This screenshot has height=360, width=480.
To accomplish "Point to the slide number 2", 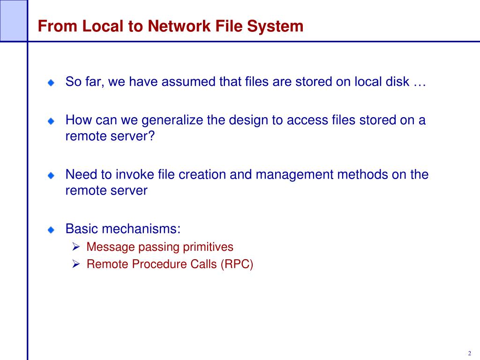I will [x=469, y=353].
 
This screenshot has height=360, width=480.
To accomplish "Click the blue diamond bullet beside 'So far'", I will [x=51, y=83].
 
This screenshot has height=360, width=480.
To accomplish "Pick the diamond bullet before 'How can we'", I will [x=51, y=121].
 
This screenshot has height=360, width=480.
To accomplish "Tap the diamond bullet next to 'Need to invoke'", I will [x=51, y=176].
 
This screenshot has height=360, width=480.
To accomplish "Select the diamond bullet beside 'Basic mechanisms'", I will [x=51, y=230].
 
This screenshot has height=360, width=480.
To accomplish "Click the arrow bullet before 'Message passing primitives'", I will [x=76, y=247].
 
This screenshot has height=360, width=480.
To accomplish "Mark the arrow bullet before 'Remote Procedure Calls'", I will [x=76, y=264].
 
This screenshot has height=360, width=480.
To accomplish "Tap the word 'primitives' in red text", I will [x=207, y=247].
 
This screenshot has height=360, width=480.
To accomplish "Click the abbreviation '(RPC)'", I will [x=237, y=264].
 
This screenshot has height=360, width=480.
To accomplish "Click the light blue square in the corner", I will [x=13, y=20].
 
